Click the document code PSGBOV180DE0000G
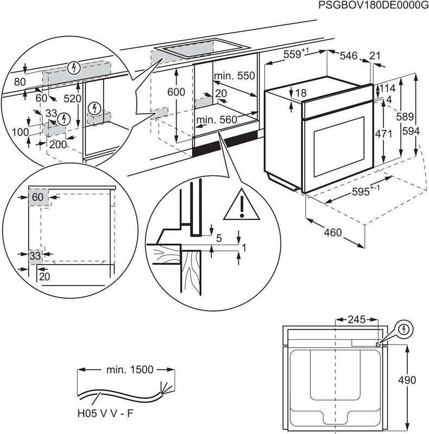click(x=370, y=5)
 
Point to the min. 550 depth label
click(x=234, y=76)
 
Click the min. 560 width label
click(x=217, y=120)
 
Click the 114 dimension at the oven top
click(x=387, y=88)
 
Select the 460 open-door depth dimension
click(x=333, y=233)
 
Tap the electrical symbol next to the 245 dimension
click(x=404, y=330)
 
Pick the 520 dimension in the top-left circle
click(x=72, y=99)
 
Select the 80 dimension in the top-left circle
click(x=20, y=82)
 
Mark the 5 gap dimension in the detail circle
click(x=218, y=238)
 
